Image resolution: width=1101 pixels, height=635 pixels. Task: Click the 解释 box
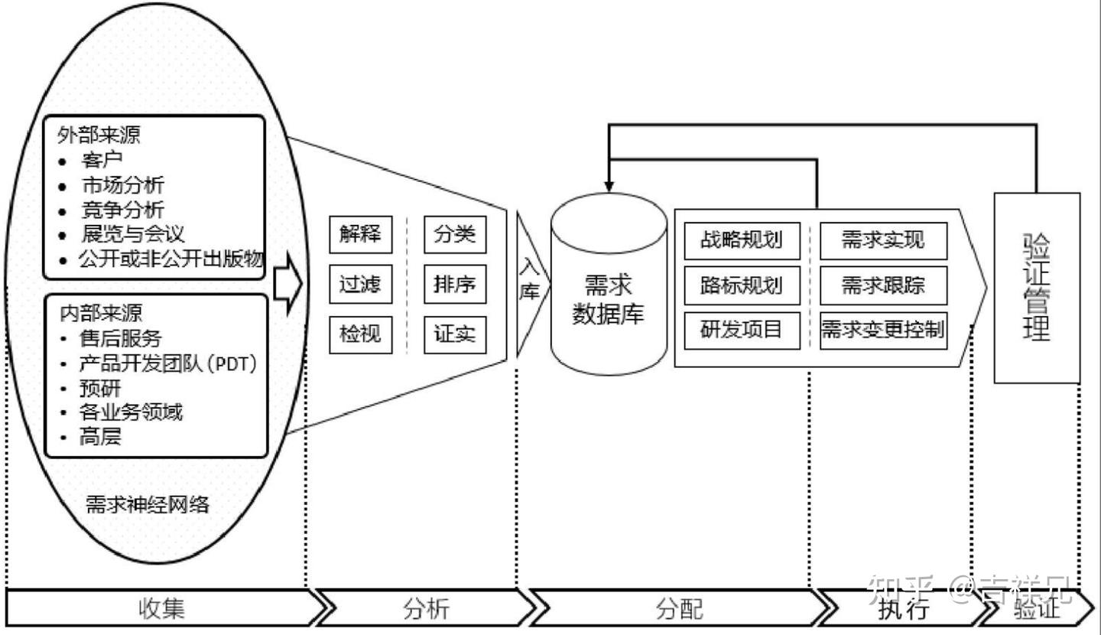click(x=360, y=234)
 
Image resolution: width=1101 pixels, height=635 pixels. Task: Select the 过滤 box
click(x=360, y=285)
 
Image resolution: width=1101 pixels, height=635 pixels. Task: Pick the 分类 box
click(x=455, y=234)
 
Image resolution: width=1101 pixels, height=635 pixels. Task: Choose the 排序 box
click(x=455, y=285)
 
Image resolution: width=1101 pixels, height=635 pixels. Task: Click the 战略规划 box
click(x=742, y=240)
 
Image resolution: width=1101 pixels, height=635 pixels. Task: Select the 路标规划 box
click(x=742, y=285)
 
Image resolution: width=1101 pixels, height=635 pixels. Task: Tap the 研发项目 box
click(x=742, y=331)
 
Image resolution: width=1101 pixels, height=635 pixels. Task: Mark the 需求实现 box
click(x=883, y=240)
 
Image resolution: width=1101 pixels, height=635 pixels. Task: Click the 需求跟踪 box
click(x=883, y=285)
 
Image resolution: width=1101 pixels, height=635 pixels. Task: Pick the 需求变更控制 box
click(x=883, y=331)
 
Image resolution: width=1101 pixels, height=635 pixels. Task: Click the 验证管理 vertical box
click(x=1036, y=287)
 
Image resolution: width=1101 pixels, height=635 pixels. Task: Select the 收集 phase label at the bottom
click(x=162, y=609)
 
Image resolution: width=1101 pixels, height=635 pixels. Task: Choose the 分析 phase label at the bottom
click(x=426, y=609)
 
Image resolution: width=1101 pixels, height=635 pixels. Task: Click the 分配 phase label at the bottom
click(x=679, y=609)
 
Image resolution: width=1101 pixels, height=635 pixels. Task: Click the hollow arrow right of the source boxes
click(x=287, y=284)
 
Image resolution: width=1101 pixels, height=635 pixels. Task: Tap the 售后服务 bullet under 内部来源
click(x=121, y=337)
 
